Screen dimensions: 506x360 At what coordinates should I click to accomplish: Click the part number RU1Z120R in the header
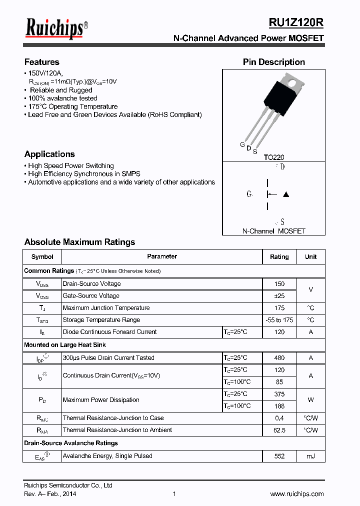pos(296,22)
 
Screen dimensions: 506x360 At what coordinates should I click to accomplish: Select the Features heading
pos(42,62)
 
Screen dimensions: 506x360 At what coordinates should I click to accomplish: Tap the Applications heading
pos(49,154)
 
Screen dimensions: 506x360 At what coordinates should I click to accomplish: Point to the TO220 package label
pos(274,157)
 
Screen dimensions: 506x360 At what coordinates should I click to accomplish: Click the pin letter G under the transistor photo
pos(242,145)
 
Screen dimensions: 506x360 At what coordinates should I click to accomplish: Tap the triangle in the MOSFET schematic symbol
pos(286,194)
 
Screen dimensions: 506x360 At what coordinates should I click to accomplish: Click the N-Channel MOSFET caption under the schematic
pos(273,231)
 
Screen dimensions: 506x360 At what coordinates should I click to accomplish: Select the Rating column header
pos(279,256)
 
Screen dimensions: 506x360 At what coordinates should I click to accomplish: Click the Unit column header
pos(310,256)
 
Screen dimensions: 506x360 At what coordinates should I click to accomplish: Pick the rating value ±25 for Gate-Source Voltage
pos(279,296)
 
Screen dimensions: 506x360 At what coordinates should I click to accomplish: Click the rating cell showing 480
pos(279,358)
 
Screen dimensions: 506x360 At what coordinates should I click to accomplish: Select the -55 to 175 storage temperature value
pos(279,320)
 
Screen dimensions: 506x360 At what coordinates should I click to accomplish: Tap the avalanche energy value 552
pos(279,456)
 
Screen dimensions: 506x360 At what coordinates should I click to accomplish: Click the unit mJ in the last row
pos(310,456)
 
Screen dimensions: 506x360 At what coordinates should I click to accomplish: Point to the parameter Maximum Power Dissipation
pos(101,400)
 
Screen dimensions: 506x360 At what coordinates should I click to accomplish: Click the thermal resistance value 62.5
pos(279,430)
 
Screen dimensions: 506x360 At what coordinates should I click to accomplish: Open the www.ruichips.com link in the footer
pos(297,493)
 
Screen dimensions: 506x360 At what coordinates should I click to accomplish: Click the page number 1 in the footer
pos(174,493)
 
